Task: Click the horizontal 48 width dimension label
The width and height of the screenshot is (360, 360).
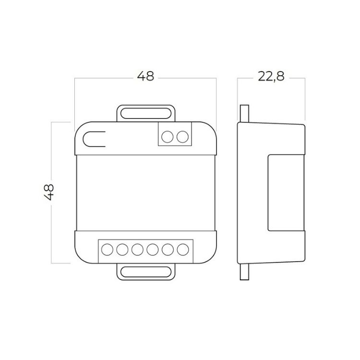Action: [145, 76]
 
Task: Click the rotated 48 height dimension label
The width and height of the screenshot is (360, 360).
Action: [48, 192]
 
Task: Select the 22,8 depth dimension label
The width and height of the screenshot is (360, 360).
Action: [271, 76]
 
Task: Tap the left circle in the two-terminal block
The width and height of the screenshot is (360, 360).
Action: [168, 137]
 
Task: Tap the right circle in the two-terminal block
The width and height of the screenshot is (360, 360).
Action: [182, 137]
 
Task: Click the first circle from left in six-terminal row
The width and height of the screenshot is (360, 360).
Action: [107, 250]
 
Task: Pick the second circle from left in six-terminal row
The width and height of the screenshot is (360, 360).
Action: [122, 250]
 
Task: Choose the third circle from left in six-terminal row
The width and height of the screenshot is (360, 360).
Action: [137, 250]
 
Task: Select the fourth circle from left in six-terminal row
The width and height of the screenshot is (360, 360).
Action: [153, 250]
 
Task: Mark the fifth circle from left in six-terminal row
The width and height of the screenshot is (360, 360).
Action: [168, 250]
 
